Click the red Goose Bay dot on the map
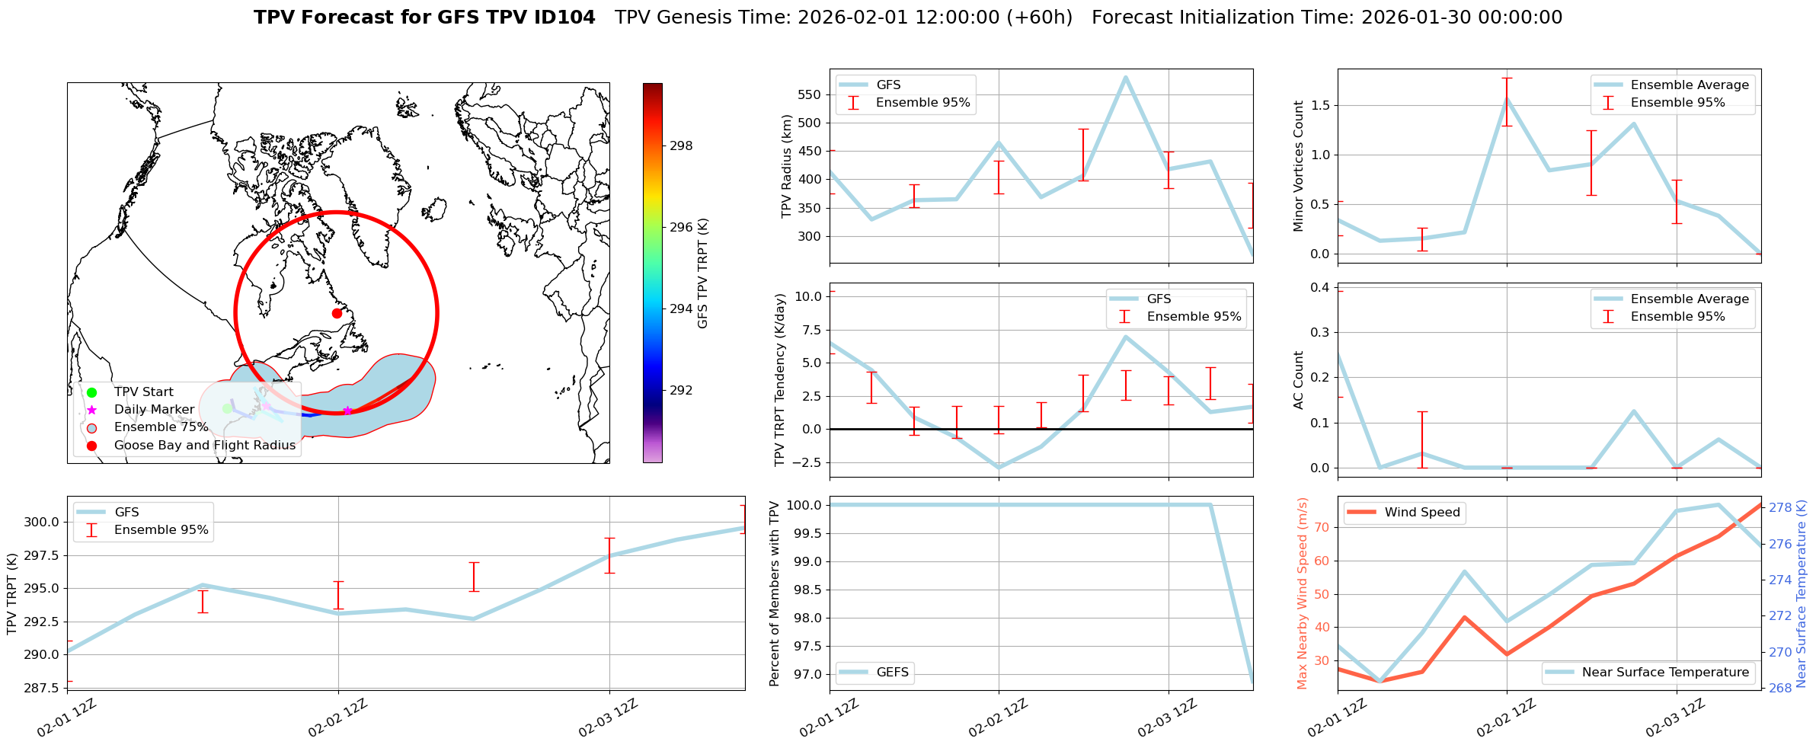coord(337,313)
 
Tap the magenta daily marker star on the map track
coord(347,411)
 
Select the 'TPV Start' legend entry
coord(143,392)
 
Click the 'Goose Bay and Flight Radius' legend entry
coord(204,446)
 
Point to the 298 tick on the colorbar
coord(681,145)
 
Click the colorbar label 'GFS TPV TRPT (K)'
coord(702,273)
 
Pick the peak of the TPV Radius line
coord(1125,77)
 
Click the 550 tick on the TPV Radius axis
coord(810,95)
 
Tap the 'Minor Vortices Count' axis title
coord(1299,166)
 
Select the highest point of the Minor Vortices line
coord(1507,99)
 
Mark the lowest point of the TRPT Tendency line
coord(999,468)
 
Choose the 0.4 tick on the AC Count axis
coord(1320,287)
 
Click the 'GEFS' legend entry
coord(892,673)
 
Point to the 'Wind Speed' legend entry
coord(1421,513)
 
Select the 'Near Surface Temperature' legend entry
coord(1665,673)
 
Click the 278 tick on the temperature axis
coord(1779,508)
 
